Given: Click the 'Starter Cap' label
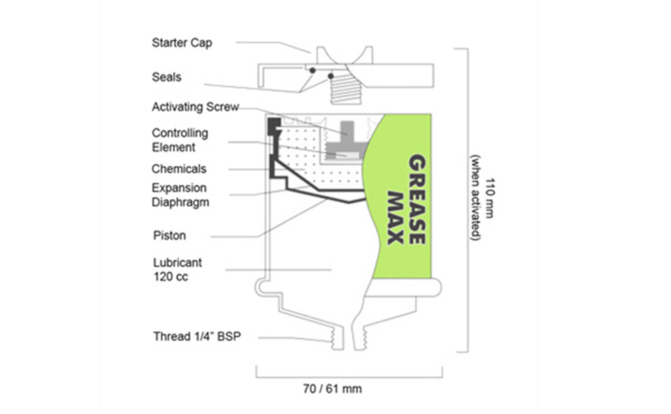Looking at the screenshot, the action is [x=182, y=43].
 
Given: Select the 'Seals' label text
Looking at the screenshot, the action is [x=166, y=77].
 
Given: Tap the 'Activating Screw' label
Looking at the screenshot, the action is [x=195, y=107].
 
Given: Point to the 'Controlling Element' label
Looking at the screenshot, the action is [x=180, y=140].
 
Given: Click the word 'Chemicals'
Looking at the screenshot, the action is [x=179, y=169].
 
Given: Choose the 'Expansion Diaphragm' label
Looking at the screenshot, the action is [x=180, y=195].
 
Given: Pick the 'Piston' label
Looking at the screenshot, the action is [x=169, y=235].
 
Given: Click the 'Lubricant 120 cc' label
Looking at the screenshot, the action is [x=177, y=269].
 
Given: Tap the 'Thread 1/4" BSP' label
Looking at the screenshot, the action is [x=197, y=337].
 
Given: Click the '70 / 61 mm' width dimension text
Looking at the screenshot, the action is [x=332, y=390].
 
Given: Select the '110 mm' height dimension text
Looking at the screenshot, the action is [x=489, y=198].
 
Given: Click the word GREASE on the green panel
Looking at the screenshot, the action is [x=417, y=199].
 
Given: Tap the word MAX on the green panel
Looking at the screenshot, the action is [x=396, y=218].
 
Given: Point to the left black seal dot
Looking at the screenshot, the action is [x=312, y=70].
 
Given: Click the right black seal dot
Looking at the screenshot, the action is [x=331, y=77].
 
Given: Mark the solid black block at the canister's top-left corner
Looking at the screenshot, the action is [x=274, y=126].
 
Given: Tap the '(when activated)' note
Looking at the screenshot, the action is [x=475, y=198].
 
